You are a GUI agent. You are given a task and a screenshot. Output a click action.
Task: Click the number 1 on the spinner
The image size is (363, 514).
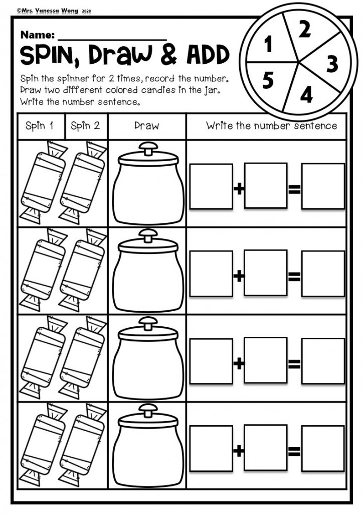(269, 44)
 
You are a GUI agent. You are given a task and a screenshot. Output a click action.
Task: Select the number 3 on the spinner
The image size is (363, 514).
(332, 64)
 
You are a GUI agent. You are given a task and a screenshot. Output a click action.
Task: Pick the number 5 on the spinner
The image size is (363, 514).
(268, 80)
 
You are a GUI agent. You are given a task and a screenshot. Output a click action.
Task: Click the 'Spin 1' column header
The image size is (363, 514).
(39, 125)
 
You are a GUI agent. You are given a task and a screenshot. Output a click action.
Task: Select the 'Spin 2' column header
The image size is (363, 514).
(85, 125)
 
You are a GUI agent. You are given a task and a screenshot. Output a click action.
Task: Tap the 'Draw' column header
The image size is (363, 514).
(146, 125)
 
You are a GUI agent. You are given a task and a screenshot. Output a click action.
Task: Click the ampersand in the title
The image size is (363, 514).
(169, 54)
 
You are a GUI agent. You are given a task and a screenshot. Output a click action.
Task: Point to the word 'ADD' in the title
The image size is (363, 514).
(208, 54)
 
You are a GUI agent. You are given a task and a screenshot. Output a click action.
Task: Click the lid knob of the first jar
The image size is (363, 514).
(148, 149)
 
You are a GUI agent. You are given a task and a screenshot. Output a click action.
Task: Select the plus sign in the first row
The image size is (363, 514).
(239, 189)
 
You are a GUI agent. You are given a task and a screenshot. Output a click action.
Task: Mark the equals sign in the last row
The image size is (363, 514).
(294, 451)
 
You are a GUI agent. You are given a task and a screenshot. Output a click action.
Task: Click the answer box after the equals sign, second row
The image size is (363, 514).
(323, 274)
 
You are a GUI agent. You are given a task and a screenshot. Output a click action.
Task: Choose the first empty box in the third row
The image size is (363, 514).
(211, 361)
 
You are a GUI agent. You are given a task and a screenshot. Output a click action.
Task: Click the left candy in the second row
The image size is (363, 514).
(43, 270)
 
